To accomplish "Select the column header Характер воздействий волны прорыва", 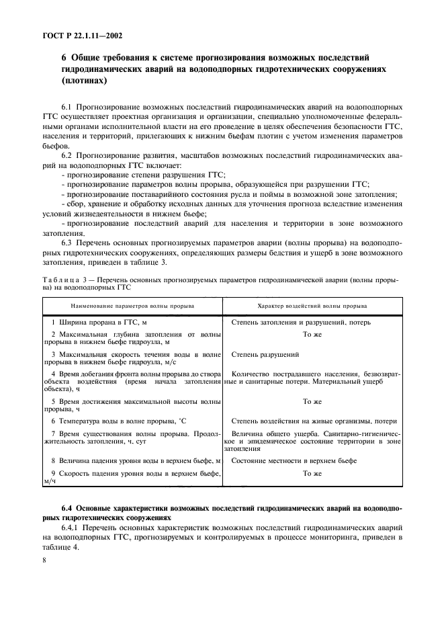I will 312,305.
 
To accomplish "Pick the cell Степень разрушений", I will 265,353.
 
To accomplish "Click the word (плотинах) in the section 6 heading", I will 84,81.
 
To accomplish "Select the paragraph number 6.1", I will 66,107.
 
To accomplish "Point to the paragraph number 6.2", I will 66,154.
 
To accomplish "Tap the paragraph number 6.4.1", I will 71,529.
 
